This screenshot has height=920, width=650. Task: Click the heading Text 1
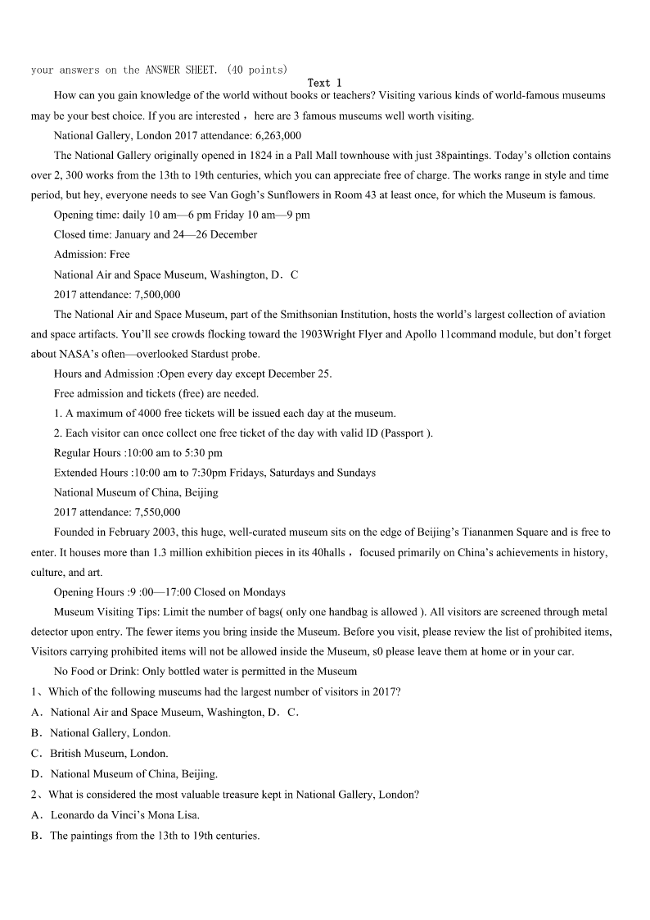point(325,83)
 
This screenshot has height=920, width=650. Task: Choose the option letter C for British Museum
point(36,753)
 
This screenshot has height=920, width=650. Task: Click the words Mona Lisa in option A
point(176,814)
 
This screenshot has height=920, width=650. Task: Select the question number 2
point(34,794)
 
